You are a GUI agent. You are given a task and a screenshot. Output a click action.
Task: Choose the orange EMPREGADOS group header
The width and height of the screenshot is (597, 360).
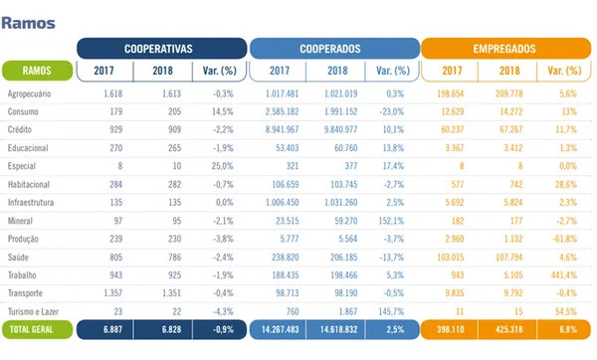point(505,48)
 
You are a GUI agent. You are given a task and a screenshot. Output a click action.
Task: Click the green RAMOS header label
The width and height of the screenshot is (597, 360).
point(37,71)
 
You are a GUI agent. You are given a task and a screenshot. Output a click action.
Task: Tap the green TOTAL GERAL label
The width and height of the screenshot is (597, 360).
point(37,328)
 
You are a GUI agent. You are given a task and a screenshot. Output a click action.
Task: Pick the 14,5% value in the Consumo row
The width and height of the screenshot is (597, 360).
point(219,110)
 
